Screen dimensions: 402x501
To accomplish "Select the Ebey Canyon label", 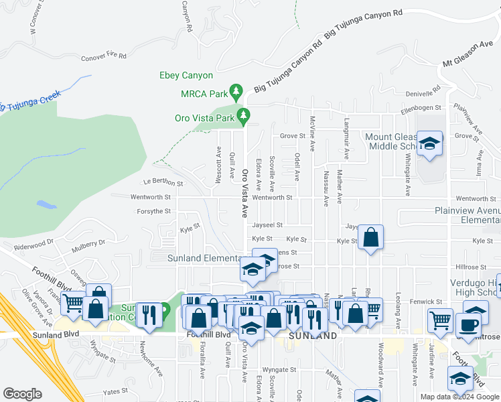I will pyautogui.click(x=186, y=76).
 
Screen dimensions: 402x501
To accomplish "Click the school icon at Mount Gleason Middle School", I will pyautogui.click(x=429, y=143).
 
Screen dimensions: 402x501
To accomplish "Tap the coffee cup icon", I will pyautogui.click(x=468, y=324).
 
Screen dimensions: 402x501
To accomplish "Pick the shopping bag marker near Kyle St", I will pyautogui.click(x=370, y=237).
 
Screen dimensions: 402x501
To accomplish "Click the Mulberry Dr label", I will pyautogui.click(x=89, y=244).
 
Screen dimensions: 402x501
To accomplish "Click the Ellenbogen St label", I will pyautogui.click(x=421, y=107).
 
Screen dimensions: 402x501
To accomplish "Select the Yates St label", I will pyautogui.click(x=115, y=391).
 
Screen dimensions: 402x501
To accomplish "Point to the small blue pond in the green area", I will pyautogui.click(x=44, y=204).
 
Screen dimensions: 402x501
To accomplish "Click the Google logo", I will pyautogui.click(x=22, y=394).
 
